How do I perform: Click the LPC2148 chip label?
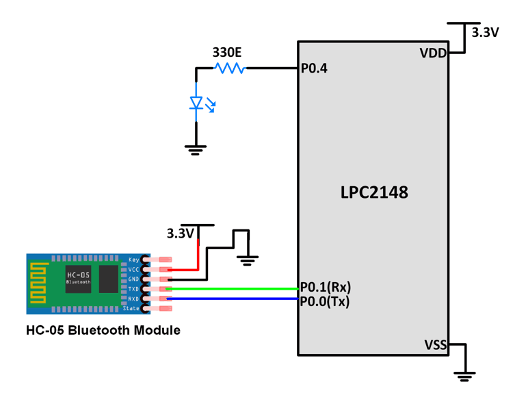click(374, 192)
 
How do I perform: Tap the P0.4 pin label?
click(314, 68)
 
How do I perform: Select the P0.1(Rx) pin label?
click(326, 288)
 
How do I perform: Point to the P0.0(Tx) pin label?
click(325, 301)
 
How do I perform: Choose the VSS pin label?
click(435, 344)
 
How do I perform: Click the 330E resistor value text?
click(227, 52)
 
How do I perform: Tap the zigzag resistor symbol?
click(229, 68)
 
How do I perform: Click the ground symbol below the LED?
click(196, 149)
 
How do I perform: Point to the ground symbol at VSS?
click(465, 375)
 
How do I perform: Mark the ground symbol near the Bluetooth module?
click(248, 260)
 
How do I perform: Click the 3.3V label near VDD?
click(486, 32)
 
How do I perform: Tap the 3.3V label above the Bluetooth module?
click(181, 233)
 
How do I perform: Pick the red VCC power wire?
click(198, 253)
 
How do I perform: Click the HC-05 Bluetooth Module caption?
click(103, 330)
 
